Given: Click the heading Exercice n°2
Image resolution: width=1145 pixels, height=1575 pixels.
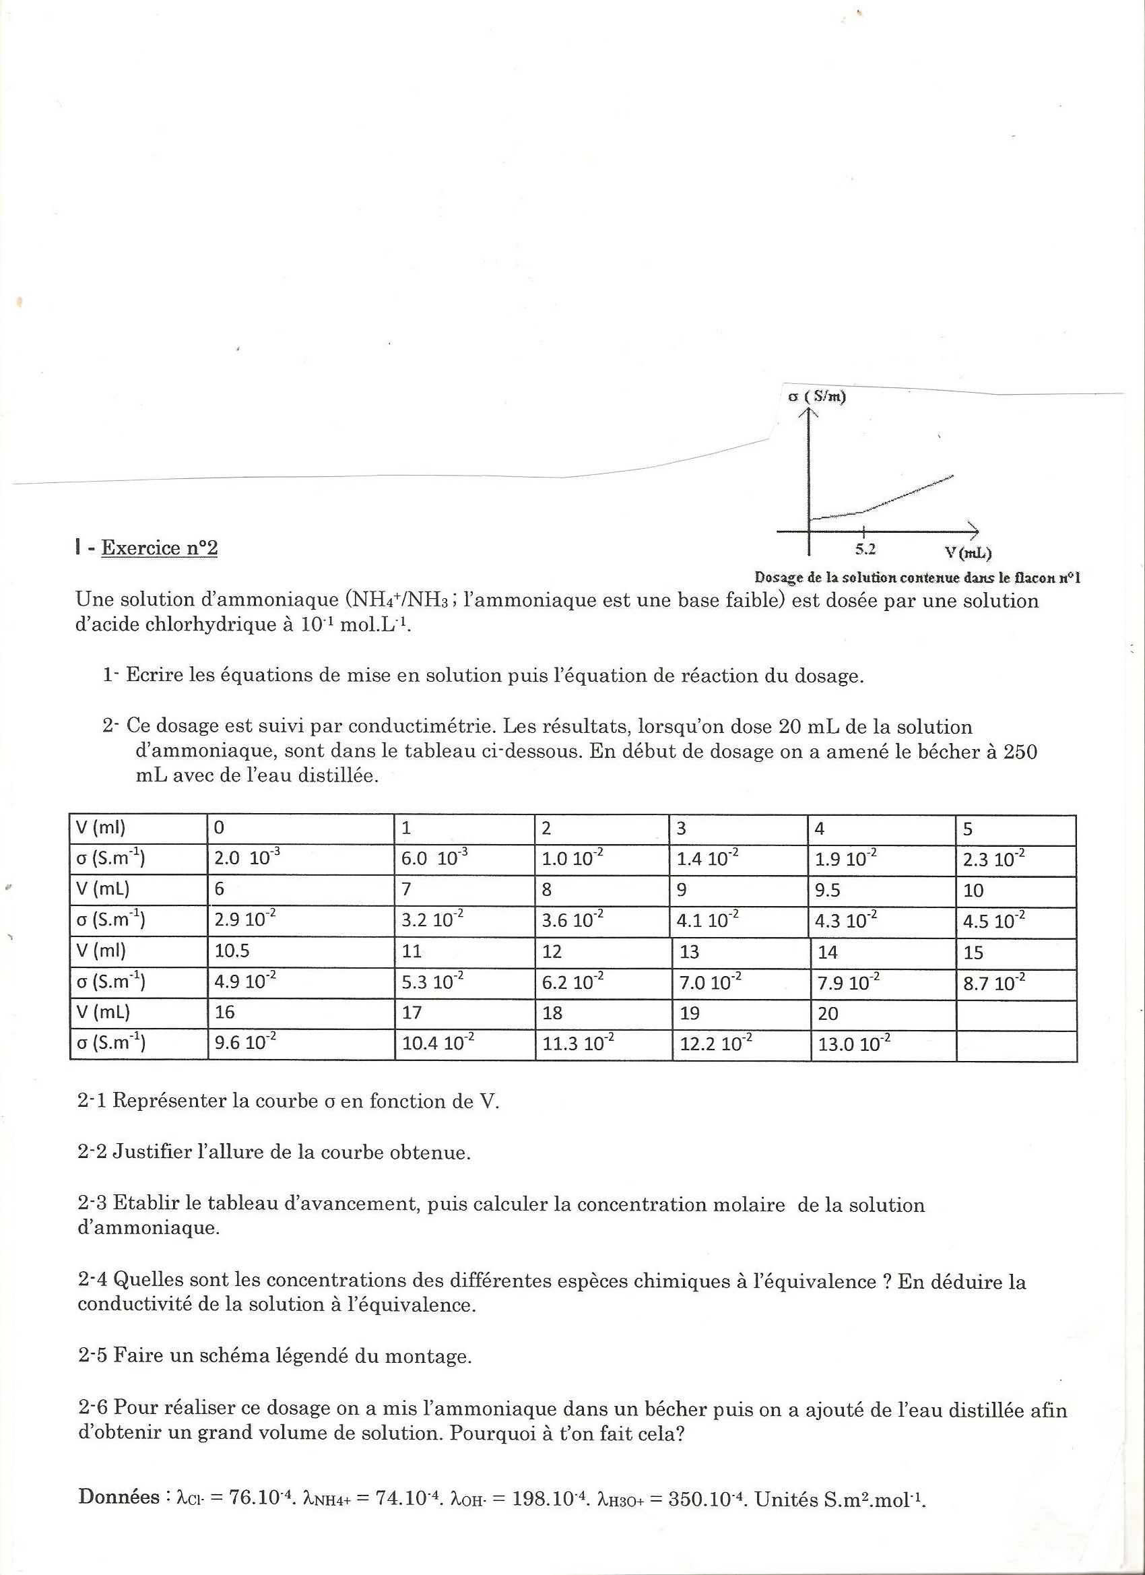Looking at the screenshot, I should pyautogui.click(x=159, y=548).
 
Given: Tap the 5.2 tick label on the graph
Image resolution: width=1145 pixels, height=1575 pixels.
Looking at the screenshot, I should pyautogui.click(x=865, y=549).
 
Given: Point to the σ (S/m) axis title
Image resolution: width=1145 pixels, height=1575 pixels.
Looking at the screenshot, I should pyautogui.click(x=817, y=398).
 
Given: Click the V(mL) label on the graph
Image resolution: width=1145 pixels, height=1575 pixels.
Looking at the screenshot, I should pyautogui.click(x=968, y=553).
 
